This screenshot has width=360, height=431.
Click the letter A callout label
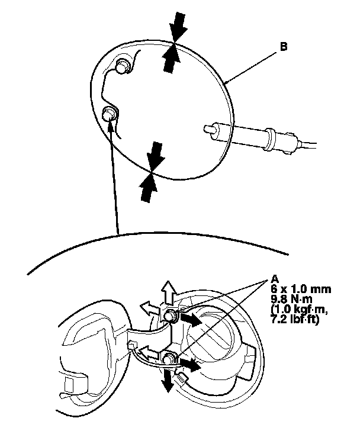click(274, 279)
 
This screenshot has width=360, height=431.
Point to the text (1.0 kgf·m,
click(301, 308)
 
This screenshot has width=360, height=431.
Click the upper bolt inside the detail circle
click(124, 67)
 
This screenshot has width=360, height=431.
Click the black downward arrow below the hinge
click(169, 379)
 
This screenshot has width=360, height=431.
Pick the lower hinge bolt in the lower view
click(169, 357)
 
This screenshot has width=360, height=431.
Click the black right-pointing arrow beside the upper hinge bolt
click(190, 320)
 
